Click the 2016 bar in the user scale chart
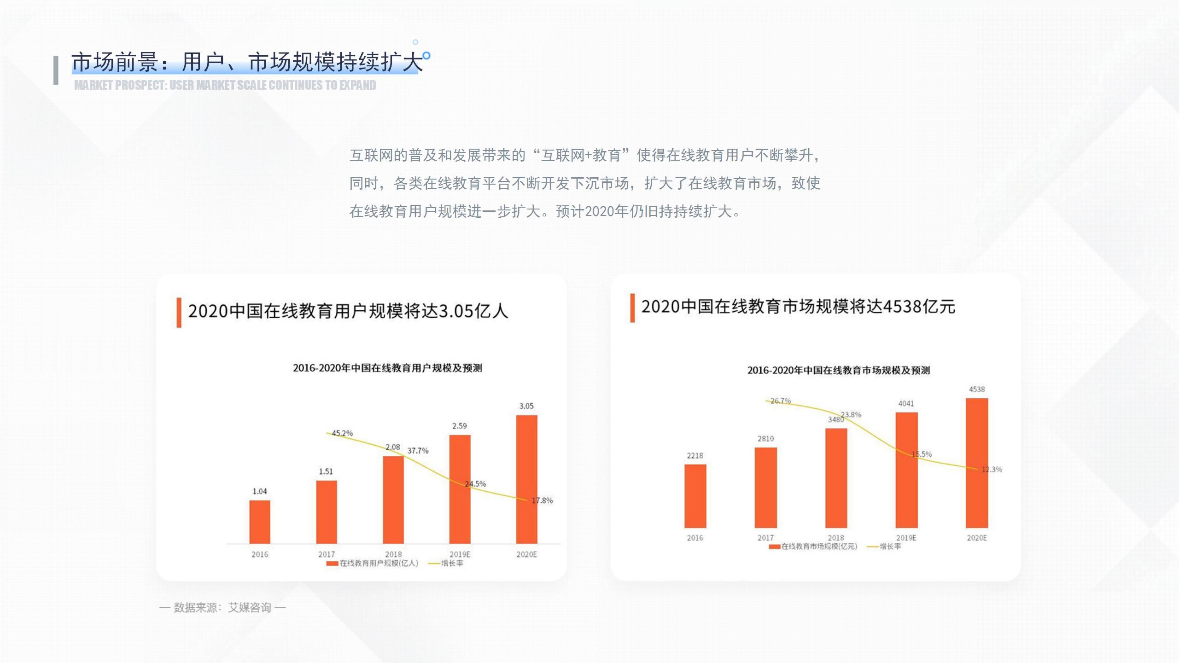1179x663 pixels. pos(260,522)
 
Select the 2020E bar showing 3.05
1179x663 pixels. pos(526,479)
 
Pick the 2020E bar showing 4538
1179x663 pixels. pos(976,463)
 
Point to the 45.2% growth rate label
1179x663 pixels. pos(342,433)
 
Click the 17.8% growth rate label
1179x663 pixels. pos(542,500)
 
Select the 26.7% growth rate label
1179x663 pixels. pos(781,401)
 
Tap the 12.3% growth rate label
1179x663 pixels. pos(992,470)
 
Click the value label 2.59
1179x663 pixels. pos(459,426)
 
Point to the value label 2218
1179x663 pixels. pos(695,455)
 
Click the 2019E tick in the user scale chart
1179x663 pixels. pos(460,554)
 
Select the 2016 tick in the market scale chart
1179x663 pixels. pos(695,538)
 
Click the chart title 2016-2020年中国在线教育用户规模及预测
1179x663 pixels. pos(387,368)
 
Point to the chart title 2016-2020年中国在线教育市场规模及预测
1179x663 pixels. pos(838,370)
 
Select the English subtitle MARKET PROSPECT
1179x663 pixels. pos(225,85)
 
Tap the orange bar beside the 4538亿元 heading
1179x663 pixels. pos(632,308)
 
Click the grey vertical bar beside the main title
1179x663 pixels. pos(56,70)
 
